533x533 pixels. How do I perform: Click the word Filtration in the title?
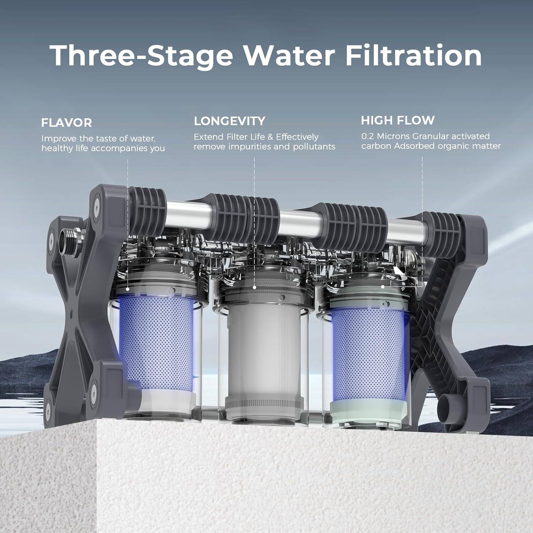[413, 56]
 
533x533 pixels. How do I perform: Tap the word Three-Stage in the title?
[141, 56]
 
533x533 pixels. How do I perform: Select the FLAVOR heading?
[66, 123]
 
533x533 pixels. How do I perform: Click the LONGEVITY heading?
[229, 121]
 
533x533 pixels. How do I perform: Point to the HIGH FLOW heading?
[398, 120]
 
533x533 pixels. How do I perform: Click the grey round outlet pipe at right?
[446, 404]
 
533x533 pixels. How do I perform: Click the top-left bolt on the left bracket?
[96, 201]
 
